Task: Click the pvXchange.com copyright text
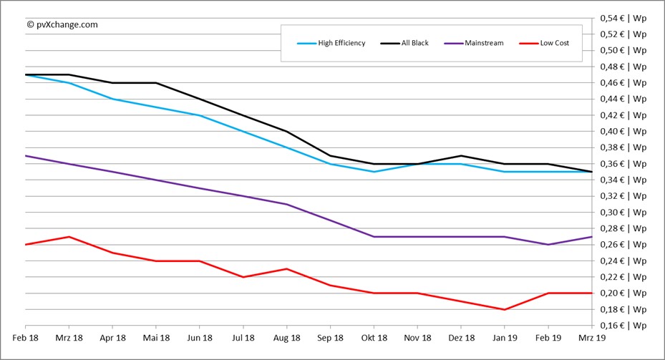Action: point(62,24)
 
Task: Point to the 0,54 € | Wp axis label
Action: point(623,18)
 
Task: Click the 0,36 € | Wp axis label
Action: point(623,164)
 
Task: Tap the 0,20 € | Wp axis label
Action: point(623,293)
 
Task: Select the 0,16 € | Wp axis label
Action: point(623,326)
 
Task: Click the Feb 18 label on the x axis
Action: point(25,337)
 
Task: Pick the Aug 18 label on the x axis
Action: point(287,337)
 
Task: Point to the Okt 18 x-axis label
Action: point(374,337)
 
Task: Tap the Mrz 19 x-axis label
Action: point(592,337)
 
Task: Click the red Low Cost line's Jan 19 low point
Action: point(505,309)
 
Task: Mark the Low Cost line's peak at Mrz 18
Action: point(69,236)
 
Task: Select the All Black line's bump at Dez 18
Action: point(462,155)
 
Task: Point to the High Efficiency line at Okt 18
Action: point(374,172)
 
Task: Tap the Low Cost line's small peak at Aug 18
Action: point(287,268)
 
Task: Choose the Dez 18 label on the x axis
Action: point(462,337)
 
